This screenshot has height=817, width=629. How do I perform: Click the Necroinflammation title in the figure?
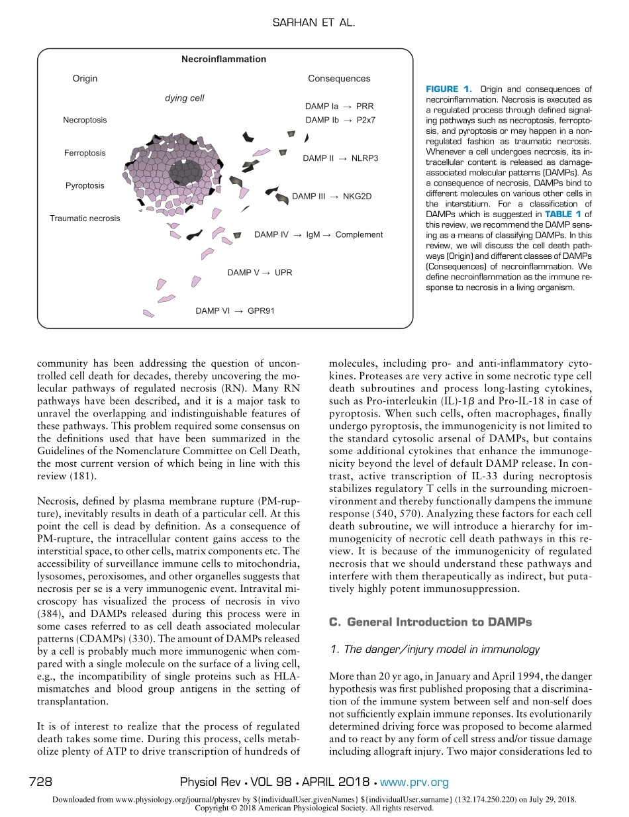[224, 59]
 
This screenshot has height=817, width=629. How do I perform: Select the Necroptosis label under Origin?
[85, 120]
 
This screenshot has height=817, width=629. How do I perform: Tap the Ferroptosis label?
[85, 153]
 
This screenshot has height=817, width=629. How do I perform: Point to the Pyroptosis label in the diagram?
[85, 185]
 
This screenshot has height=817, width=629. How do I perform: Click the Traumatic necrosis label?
[85, 218]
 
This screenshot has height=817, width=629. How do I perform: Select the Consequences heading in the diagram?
[339, 78]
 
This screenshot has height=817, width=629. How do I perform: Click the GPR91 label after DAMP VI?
[261, 310]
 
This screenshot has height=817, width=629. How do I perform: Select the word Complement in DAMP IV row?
[359, 234]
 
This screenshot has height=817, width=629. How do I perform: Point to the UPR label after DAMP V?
[283, 272]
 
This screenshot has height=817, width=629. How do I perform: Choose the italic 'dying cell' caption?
[184, 98]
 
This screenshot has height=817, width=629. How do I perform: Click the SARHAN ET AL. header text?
[314, 23]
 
